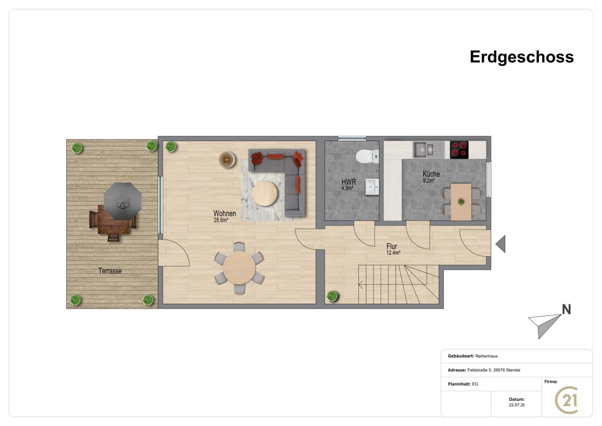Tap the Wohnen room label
225,214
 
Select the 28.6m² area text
221,220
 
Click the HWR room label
349,182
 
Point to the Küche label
431,174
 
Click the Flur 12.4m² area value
394,253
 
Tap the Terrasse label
110,271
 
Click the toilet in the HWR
367,156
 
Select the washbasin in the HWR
372,187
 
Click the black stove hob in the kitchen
459,150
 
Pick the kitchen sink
423,150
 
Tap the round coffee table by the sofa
265,193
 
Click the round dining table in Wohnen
239,268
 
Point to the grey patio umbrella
123,201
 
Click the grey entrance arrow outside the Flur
501,244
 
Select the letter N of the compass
567,310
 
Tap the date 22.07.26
517,405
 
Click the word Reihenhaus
486,356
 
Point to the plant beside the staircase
333,296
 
